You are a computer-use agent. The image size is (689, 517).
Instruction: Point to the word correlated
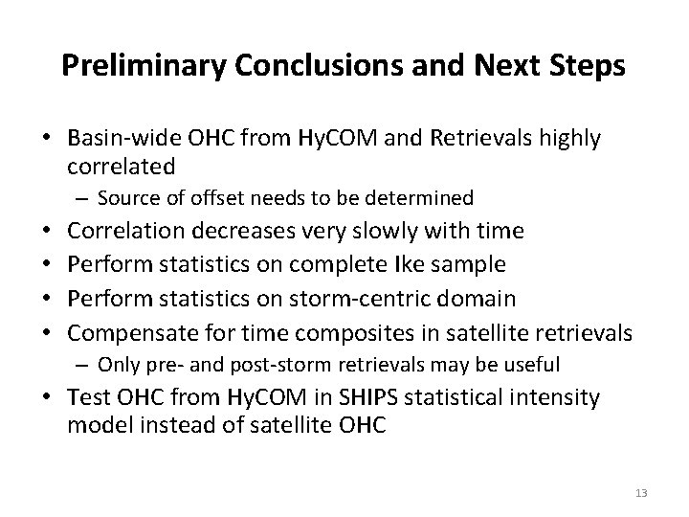click(x=121, y=167)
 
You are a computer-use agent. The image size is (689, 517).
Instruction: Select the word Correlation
click(x=131, y=231)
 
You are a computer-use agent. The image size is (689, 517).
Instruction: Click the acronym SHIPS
click(x=364, y=397)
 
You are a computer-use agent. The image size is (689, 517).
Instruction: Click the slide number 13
click(x=640, y=492)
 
